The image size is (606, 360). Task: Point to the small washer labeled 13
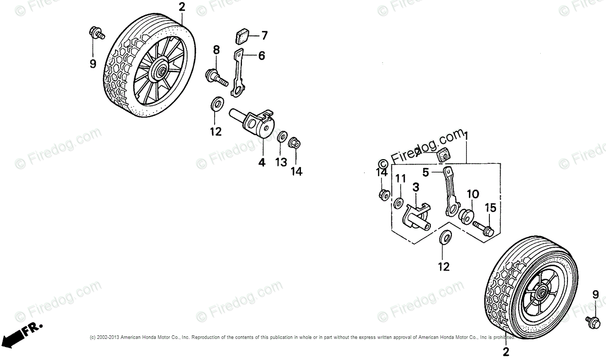pyautogui.click(x=281, y=138)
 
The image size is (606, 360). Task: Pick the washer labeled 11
pyautogui.click(x=398, y=204)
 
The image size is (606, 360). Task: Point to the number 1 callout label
pyautogui.click(x=466, y=137)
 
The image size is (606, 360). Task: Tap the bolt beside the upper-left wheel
pyautogui.click(x=96, y=33)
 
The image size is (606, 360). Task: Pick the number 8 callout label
pyautogui.click(x=216, y=50)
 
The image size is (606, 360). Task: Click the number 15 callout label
pyautogui.click(x=490, y=208)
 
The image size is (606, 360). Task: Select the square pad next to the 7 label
pyautogui.click(x=242, y=35)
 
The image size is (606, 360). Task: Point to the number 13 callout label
pyautogui.click(x=280, y=163)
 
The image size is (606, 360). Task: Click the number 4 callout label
pyautogui.click(x=261, y=162)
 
